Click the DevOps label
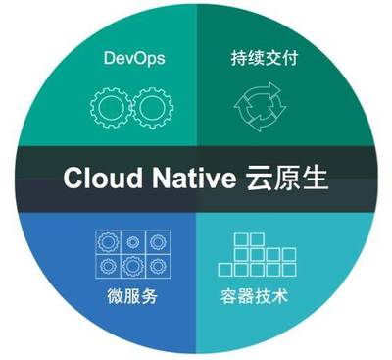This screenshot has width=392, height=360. point(134,60)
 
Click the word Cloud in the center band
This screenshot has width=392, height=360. point(97,179)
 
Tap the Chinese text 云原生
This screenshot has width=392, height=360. point(285,179)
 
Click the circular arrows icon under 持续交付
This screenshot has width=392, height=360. point(257,105)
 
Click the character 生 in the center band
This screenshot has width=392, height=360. point(314,179)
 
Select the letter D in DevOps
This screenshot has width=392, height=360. point(109,60)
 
